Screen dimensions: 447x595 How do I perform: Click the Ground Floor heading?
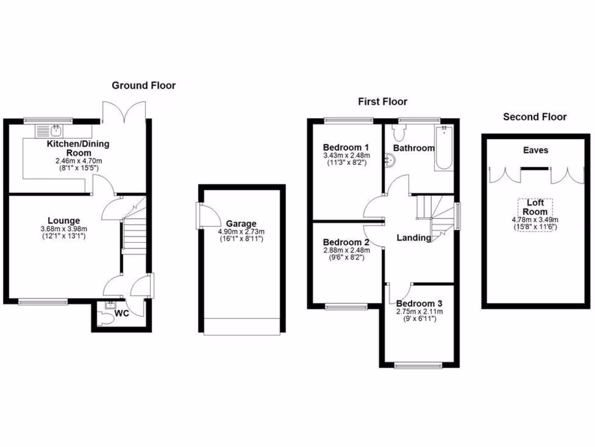pos(144,86)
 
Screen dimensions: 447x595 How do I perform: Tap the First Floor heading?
pos(382,102)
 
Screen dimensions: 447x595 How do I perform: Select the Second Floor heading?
pos(535,117)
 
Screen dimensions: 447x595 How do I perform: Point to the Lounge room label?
pos(64,221)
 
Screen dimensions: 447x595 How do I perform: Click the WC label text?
pos(121,313)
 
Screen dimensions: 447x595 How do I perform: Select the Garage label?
pos(241,223)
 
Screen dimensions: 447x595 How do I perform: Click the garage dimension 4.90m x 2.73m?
pos(241,231)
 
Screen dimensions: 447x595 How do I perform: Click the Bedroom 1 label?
pos(346,148)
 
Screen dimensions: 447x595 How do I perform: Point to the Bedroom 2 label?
pos(346,242)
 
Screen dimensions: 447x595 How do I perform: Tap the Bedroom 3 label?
pos(420,304)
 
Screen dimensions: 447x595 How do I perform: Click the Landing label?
pos(414,237)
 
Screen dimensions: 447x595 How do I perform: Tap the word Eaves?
pos(535,151)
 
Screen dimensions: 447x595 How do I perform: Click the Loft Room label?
pos(535,208)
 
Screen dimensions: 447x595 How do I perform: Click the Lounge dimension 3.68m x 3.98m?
pos(64,229)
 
